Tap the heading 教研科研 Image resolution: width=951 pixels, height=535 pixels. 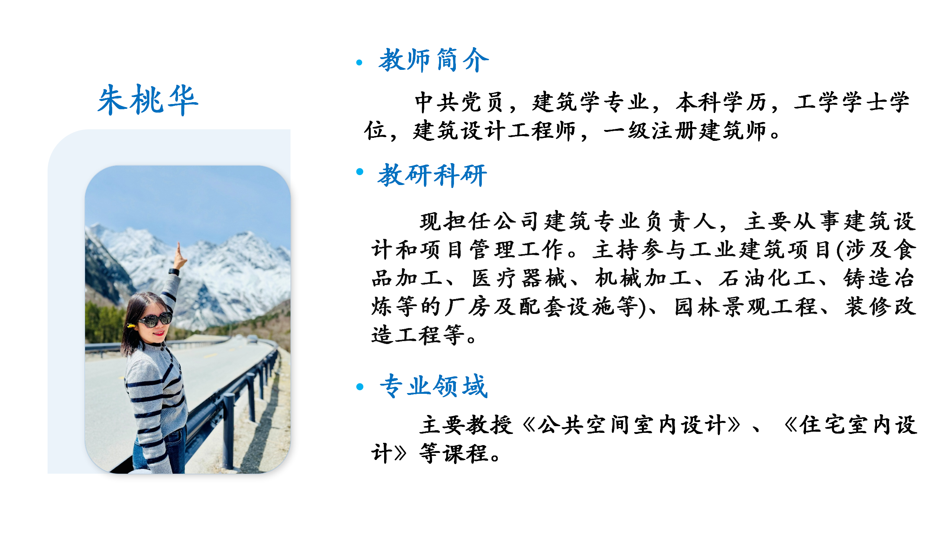432,175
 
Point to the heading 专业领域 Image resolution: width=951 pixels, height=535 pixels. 434,386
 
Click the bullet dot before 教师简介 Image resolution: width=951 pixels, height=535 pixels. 359,62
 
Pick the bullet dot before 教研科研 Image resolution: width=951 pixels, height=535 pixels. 360,171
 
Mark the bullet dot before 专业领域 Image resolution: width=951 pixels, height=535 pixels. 360,387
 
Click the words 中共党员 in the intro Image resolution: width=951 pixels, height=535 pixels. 459,102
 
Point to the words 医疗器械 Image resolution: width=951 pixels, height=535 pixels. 519,278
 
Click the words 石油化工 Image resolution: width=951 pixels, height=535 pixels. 767,278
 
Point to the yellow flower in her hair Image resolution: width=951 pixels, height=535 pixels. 131,326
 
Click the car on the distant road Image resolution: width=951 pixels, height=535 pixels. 252,339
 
